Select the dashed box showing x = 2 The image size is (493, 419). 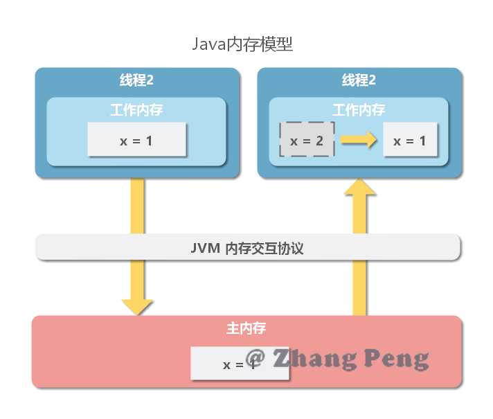[307, 141]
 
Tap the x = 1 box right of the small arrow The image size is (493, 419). [410, 141]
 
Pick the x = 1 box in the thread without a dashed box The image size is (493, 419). [136, 140]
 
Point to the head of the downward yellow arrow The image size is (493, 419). [137, 305]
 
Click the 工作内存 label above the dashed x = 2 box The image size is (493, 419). [359, 110]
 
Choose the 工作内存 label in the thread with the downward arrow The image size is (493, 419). [136, 110]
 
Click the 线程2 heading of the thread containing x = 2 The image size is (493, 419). [359, 80]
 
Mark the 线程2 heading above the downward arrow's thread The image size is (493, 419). [136, 80]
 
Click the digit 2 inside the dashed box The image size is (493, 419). [319, 141]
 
